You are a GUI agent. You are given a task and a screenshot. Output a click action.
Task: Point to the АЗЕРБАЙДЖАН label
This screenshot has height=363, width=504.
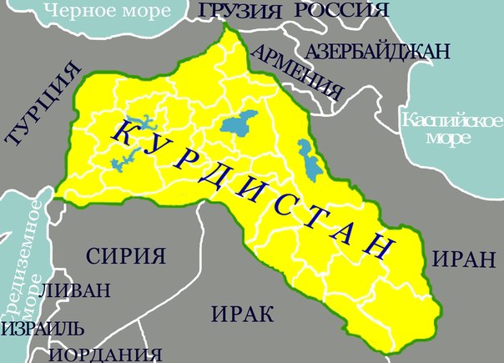(379, 51)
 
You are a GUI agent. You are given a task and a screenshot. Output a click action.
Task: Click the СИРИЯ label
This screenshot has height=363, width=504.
(127, 255)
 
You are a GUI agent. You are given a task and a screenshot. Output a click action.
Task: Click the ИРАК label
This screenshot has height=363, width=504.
(243, 315)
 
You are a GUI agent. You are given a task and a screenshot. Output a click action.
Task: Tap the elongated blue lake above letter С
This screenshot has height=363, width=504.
(310, 163)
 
